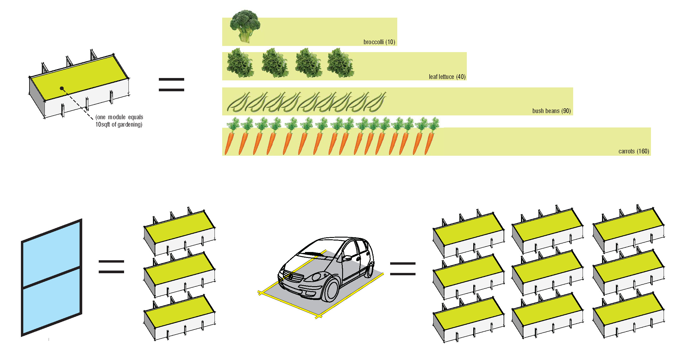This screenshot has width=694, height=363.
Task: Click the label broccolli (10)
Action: coord(379,42)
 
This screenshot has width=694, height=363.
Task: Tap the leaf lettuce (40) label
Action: coord(447,77)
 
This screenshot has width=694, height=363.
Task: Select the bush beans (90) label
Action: coord(551,111)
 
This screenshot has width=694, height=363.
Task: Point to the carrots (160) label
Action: coord(634,151)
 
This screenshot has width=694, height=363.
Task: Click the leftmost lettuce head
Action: coord(240,64)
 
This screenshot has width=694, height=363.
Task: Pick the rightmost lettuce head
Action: coord(340,64)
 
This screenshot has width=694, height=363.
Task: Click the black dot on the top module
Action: coord(62,88)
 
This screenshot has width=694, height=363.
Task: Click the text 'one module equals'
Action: coord(119,117)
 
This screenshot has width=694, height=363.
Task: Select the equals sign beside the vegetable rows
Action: coord(171,84)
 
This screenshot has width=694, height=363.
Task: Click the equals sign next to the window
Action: coord(111,267)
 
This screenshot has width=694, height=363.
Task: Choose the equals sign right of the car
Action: coord(403,269)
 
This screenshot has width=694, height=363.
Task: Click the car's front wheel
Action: coord(332,290)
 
